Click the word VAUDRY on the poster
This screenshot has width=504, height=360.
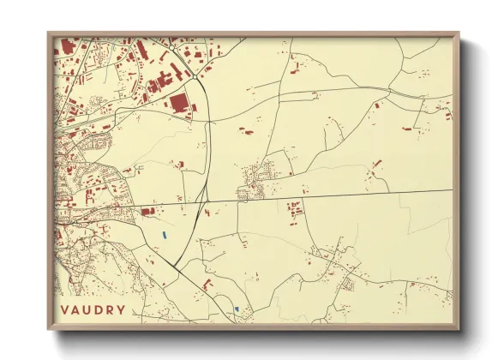click(93, 310)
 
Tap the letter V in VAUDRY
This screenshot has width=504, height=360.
click(66, 310)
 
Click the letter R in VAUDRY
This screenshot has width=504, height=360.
click(110, 310)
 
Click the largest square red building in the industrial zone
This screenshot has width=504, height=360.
click(179, 104)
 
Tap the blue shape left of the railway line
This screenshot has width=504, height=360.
click(163, 234)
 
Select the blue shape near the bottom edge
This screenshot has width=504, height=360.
click(236, 309)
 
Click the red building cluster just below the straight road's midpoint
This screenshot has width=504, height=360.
click(295, 208)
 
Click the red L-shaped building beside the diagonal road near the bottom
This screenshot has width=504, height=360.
click(207, 285)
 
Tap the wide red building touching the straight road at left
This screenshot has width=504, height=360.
click(147, 210)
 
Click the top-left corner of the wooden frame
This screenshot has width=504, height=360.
click(49, 33)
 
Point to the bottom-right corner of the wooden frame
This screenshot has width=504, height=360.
click(459, 328)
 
